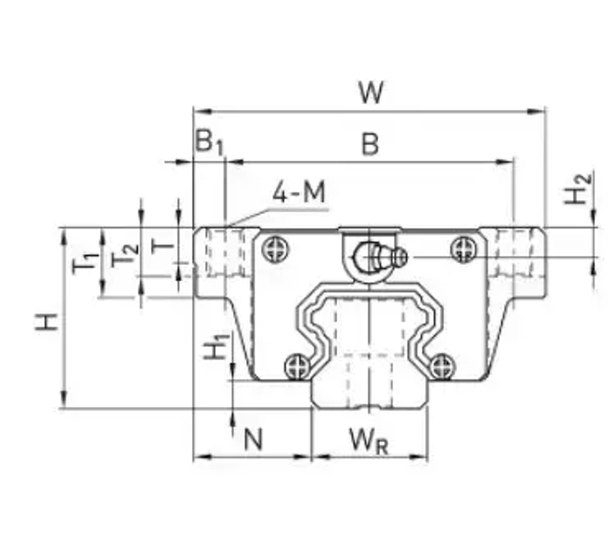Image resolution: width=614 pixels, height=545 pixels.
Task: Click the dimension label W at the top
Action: pyautogui.click(x=371, y=93)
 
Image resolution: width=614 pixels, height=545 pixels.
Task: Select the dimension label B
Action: pyautogui.click(x=370, y=144)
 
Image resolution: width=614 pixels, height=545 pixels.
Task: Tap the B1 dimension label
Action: pyautogui.click(x=209, y=142)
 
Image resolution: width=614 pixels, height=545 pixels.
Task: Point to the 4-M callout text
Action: pyautogui.click(x=299, y=194)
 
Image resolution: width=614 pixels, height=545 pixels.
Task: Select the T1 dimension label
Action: pyautogui.click(x=85, y=262)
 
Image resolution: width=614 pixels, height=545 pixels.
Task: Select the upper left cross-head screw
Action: pyautogui.click(x=273, y=250)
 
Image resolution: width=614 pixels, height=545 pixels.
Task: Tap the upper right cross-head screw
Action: pyautogui.click(x=462, y=250)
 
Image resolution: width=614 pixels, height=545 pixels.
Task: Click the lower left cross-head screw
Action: pyautogui.click(x=296, y=367)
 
